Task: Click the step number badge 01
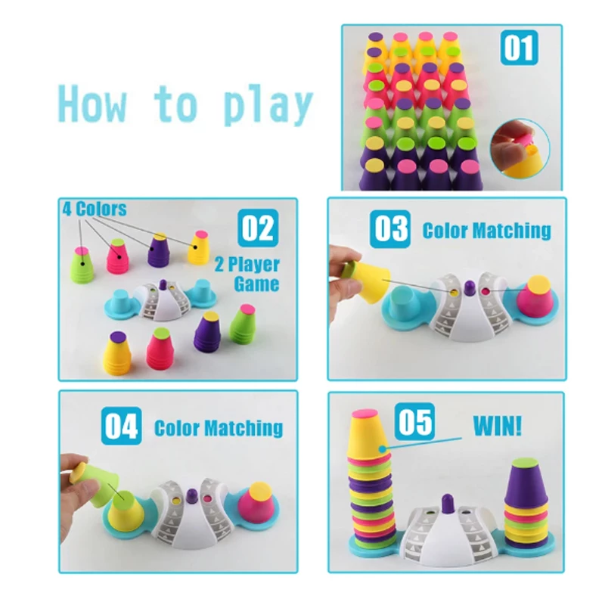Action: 519,48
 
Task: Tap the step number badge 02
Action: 258,228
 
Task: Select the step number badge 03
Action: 390,229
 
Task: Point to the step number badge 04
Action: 121,426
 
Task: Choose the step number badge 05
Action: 414,421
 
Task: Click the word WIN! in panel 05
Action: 498,425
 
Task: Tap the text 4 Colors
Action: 95,209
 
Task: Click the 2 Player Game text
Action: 247,274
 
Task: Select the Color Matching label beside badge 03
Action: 486,231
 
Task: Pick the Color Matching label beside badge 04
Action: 219,428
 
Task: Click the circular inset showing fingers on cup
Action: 520,149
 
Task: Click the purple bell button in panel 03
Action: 470,287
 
